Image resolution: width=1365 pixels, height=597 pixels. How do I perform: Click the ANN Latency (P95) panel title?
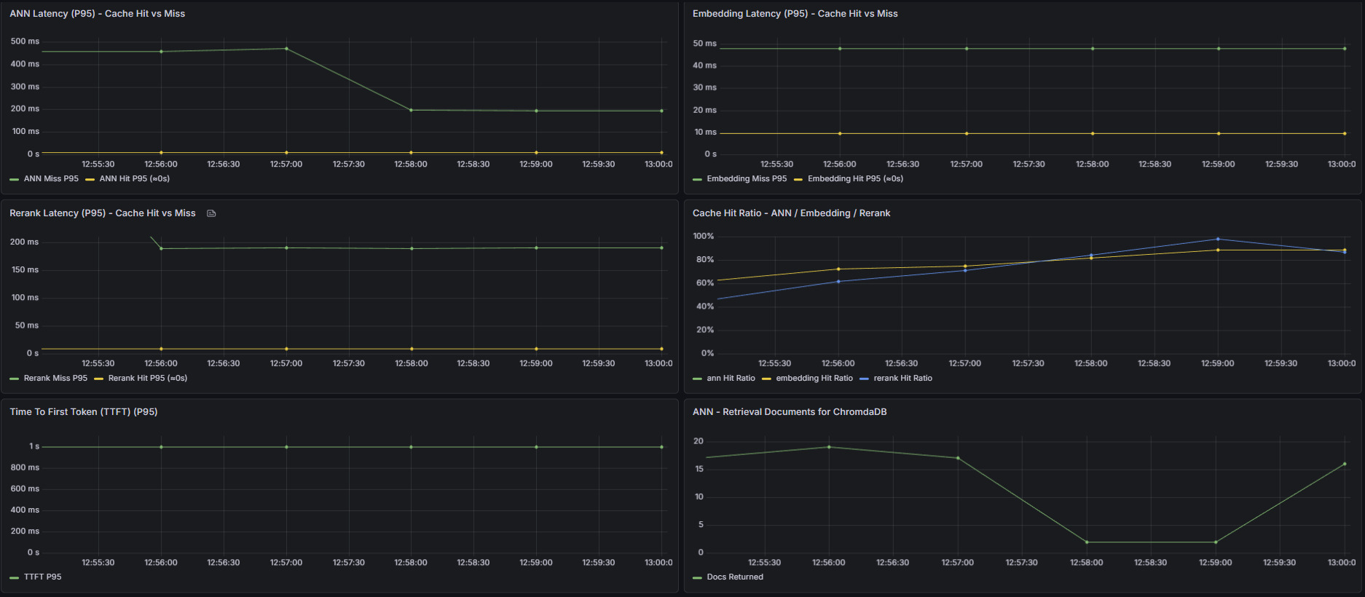(x=97, y=14)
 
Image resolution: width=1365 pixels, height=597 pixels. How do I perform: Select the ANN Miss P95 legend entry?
(x=50, y=178)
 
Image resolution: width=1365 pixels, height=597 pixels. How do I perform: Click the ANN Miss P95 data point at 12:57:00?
(x=286, y=49)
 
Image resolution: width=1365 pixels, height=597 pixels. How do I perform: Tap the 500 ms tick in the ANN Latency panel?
(x=25, y=41)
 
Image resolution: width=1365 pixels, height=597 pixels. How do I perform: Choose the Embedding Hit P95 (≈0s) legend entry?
(x=854, y=178)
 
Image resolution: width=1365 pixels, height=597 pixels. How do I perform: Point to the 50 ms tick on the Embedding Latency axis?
(x=704, y=44)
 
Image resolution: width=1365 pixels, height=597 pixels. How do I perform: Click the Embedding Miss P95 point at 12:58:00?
(x=1092, y=49)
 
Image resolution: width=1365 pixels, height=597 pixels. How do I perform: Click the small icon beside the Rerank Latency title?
(x=211, y=213)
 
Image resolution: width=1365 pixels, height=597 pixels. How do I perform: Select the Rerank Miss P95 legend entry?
(x=55, y=378)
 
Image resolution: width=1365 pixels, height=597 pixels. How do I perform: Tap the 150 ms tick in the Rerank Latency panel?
(x=25, y=270)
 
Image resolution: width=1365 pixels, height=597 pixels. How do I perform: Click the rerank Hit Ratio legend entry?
(x=902, y=378)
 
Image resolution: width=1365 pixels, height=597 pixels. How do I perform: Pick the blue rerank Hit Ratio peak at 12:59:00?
(x=1218, y=239)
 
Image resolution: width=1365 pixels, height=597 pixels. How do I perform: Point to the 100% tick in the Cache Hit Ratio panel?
(x=703, y=237)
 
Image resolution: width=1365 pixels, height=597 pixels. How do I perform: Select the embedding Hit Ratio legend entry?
(x=814, y=378)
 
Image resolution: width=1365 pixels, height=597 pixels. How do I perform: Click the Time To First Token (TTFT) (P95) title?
(x=83, y=412)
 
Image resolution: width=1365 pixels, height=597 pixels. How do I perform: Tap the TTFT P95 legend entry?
(x=42, y=577)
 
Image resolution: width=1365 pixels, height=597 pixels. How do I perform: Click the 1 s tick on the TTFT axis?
(x=34, y=446)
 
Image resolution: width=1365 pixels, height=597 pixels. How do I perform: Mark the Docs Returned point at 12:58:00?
(x=1086, y=542)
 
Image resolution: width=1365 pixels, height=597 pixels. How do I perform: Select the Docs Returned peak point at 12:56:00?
(x=828, y=447)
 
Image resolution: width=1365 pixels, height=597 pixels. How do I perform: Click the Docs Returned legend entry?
(x=734, y=577)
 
